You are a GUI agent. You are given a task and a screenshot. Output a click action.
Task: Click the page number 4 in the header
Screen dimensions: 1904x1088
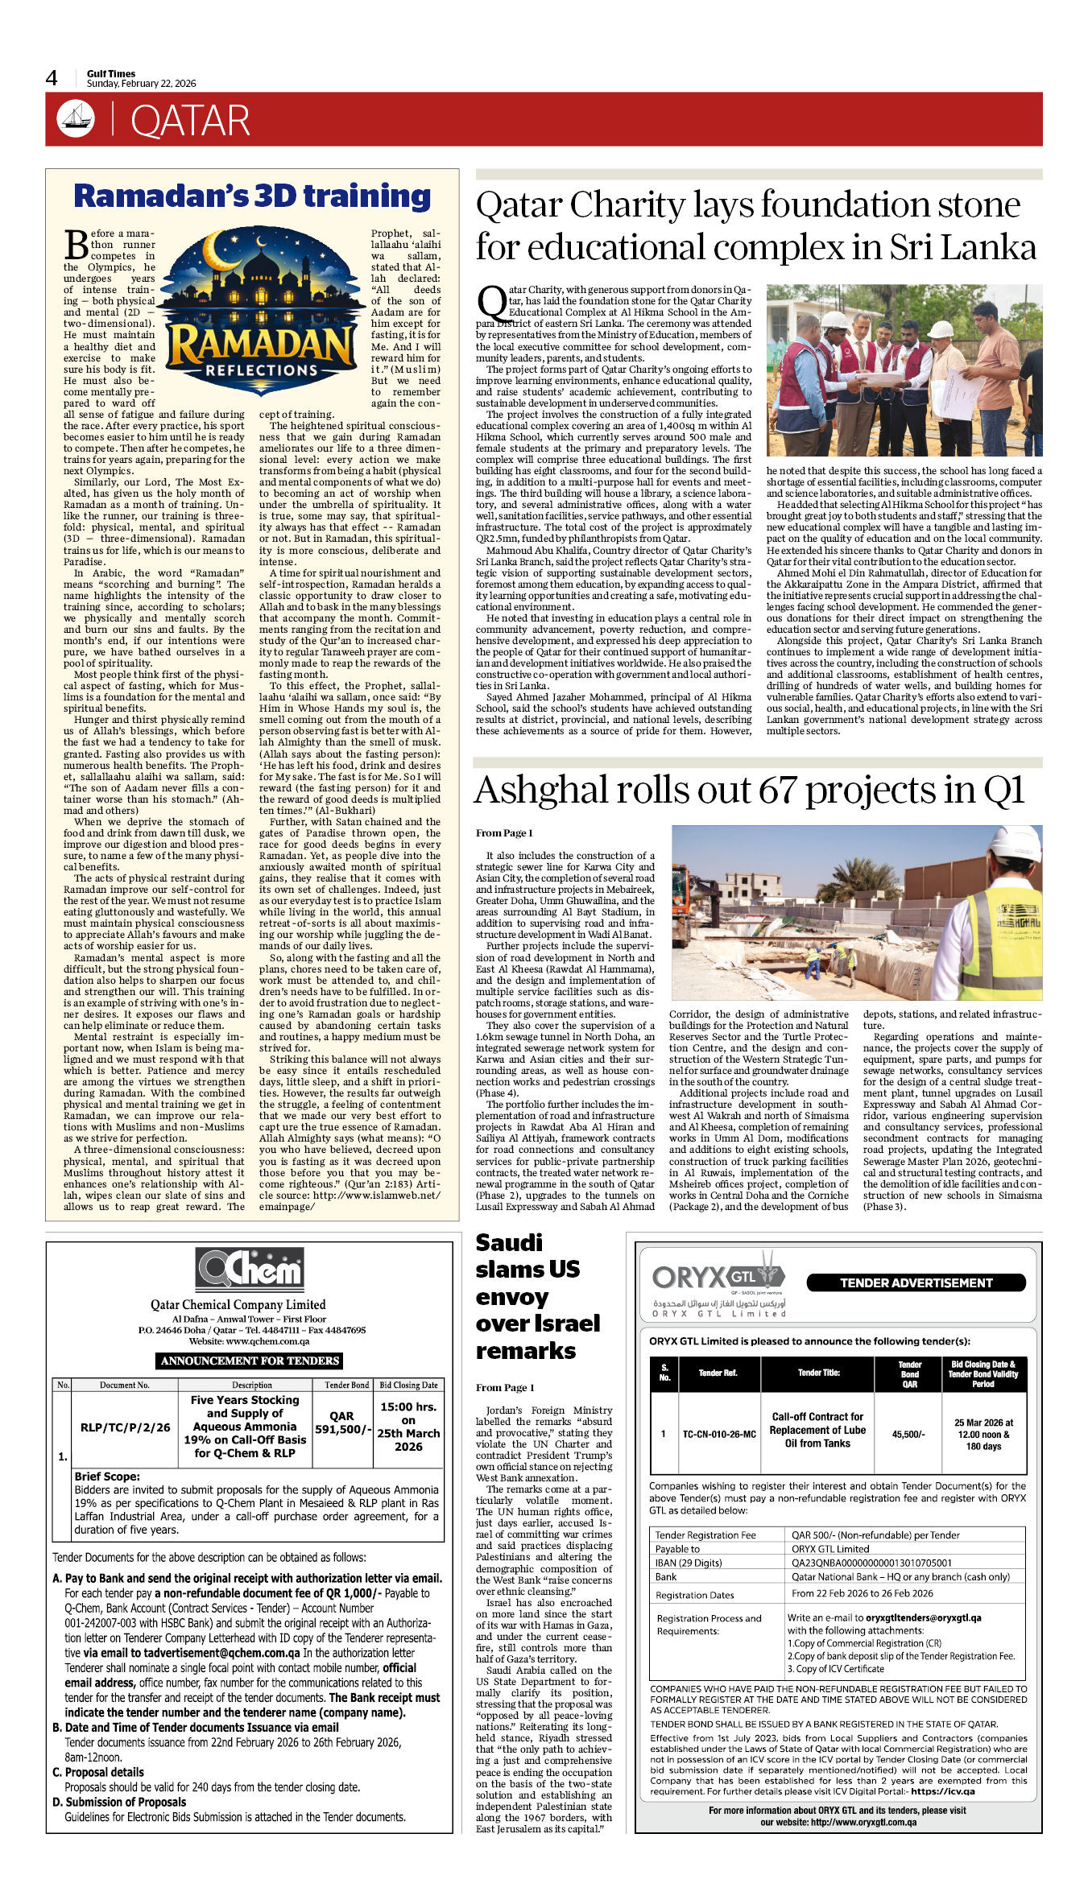click(52, 78)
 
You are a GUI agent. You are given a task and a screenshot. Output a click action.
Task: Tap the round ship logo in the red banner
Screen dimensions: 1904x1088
click(76, 119)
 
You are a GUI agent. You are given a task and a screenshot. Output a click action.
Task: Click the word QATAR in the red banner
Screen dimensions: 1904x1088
click(190, 122)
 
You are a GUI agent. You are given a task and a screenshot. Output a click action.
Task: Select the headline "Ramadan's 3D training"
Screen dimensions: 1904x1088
click(252, 196)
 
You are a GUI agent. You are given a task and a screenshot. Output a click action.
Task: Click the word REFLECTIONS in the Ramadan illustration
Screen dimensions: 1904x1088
click(262, 370)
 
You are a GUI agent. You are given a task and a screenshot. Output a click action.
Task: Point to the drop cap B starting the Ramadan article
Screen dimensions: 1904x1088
click(77, 245)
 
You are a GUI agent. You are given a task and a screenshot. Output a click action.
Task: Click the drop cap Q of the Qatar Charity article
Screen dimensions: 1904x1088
click(491, 304)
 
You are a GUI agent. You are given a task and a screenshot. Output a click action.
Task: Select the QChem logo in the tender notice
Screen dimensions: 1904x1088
click(250, 1270)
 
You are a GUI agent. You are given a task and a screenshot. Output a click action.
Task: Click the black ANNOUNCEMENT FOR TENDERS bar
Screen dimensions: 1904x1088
click(250, 1361)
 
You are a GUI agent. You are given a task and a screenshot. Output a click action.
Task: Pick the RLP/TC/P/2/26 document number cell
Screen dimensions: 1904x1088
click(125, 1427)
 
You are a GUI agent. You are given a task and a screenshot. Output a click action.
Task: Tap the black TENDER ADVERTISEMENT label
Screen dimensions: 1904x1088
click(916, 1283)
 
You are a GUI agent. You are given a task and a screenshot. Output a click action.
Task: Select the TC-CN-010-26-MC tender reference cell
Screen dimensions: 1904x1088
click(719, 1434)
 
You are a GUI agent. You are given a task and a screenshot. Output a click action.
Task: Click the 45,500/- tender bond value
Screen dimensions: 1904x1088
click(908, 1434)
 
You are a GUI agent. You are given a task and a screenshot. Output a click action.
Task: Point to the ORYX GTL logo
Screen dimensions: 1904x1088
click(718, 1279)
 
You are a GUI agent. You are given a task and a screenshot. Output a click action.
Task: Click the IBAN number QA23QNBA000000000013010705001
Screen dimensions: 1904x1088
click(871, 1563)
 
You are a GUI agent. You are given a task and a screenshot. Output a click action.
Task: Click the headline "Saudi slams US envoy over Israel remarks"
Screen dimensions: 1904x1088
click(537, 1296)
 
